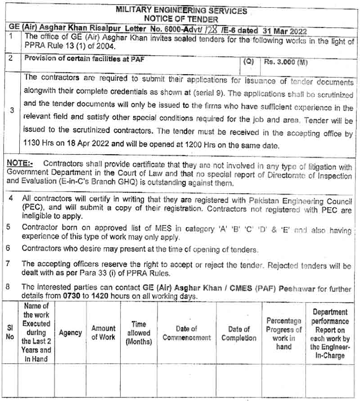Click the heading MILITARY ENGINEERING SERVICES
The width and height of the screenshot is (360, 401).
pos(181,10)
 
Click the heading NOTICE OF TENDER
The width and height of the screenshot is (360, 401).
pos(181,19)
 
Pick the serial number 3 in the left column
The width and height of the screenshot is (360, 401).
pos(12,109)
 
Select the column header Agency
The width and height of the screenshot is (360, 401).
pos(70,333)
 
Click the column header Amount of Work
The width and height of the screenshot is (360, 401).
pos(103,333)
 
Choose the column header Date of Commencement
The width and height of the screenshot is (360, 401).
pos(186,333)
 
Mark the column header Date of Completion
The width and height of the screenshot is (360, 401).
pos(239,333)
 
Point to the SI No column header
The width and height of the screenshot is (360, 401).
pos(10,333)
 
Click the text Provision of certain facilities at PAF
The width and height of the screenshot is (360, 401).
pos(84,58)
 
